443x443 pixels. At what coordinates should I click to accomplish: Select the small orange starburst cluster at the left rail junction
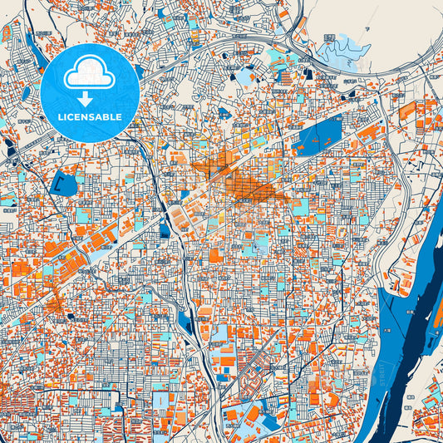click(x=57, y=308)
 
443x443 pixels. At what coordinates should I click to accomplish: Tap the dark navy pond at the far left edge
click(x=9, y=150)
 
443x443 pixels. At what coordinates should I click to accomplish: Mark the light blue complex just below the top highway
click(x=274, y=58)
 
